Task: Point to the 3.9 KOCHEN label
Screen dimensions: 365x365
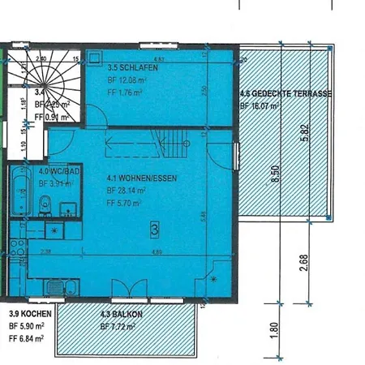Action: [31, 313]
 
